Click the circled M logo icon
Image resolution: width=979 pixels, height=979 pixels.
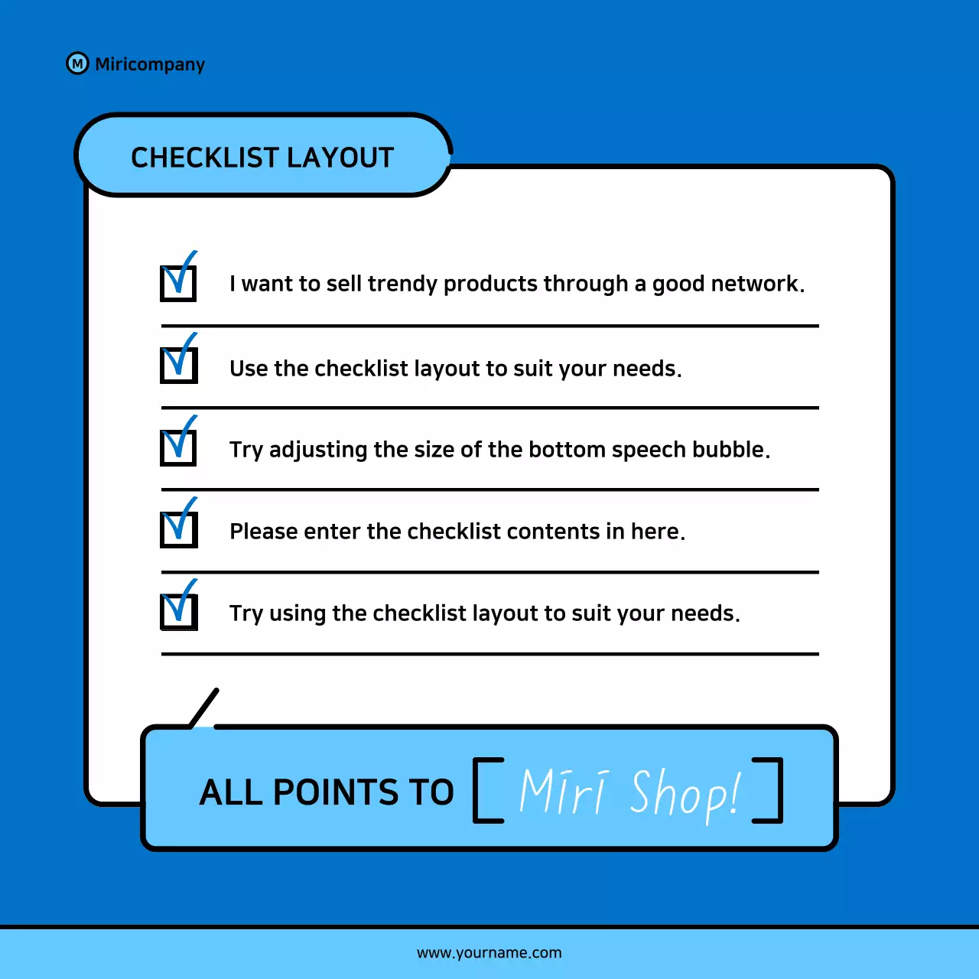tap(77, 63)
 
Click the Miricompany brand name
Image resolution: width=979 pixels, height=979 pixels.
tap(150, 64)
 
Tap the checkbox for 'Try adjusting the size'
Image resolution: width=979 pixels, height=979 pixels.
tap(178, 447)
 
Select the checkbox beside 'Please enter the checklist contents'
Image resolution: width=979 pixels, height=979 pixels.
tap(178, 529)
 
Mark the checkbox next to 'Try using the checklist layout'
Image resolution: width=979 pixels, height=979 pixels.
tap(178, 611)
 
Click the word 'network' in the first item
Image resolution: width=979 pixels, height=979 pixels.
tap(755, 284)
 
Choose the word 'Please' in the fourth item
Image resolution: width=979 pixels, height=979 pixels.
tap(263, 531)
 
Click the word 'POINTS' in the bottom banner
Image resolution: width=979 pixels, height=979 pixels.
tap(337, 792)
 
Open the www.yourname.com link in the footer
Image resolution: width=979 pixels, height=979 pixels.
tap(489, 953)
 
